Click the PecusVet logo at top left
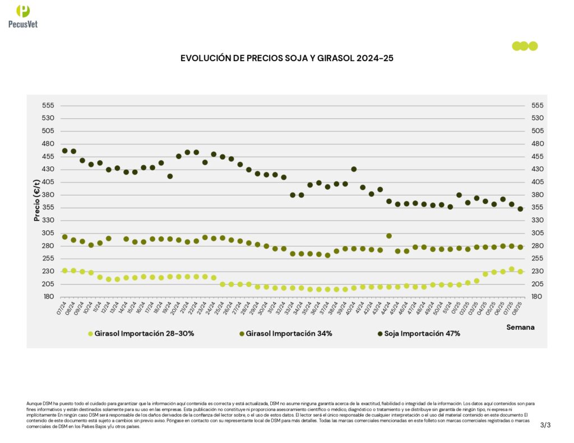coord(23,16)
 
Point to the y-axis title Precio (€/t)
coord(38,200)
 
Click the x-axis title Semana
coord(520,327)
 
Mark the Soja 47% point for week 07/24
coord(64,151)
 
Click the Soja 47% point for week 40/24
coord(354,169)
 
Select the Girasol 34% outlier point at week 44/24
coord(389,236)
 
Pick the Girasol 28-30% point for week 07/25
coord(511,269)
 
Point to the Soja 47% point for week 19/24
coord(170,176)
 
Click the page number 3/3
coord(545,425)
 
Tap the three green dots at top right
coord(525,46)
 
